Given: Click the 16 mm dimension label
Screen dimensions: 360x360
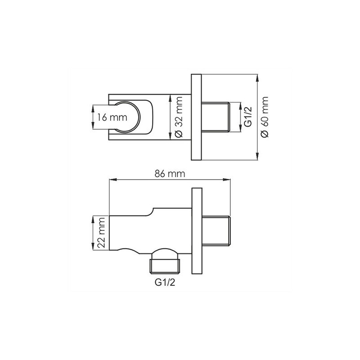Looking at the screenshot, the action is (112, 117).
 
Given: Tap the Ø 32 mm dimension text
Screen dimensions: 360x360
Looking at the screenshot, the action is (179, 117).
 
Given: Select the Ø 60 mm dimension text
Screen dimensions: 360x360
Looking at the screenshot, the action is (265, 117).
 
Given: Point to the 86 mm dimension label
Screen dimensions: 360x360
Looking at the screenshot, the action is (170, 174).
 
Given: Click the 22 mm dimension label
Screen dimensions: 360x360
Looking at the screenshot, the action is (101, 233).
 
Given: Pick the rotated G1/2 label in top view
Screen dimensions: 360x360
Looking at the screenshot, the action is (248, 117).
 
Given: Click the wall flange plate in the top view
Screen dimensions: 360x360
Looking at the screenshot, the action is (196, 117).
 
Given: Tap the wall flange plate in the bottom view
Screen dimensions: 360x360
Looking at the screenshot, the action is (197, 231).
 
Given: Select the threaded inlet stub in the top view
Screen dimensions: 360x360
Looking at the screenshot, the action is (216, 117).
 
